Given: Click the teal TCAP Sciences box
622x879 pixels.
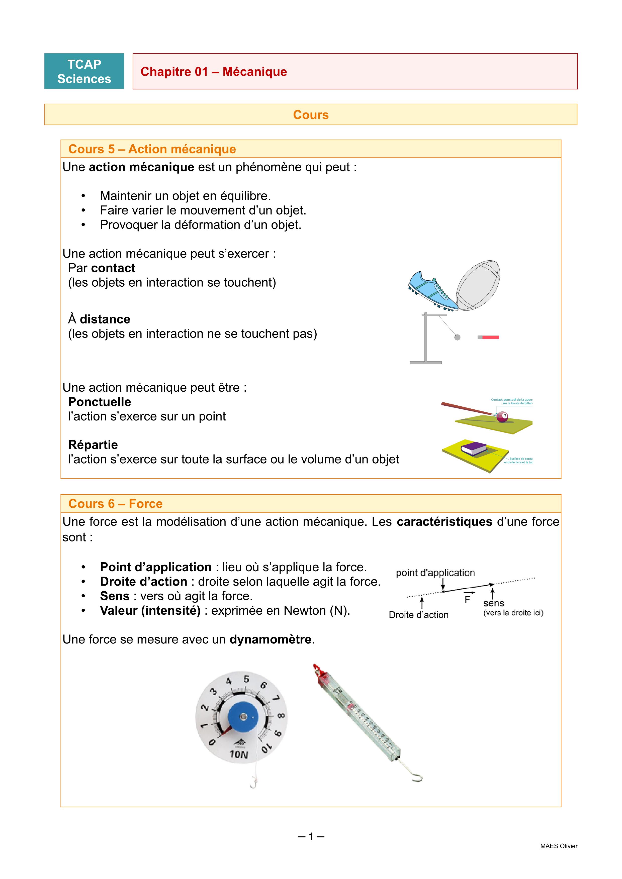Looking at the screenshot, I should [x=84, y=71].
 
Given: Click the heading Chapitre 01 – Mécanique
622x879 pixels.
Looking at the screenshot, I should [x=213, y=72].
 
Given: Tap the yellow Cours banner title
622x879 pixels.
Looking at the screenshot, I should [x=311, y=115].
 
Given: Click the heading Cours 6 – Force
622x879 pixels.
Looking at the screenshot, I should [x=115, y=503].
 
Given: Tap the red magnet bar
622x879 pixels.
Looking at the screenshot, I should [x=490, y=337].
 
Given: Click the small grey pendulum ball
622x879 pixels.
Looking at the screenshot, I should [x=457, y=337].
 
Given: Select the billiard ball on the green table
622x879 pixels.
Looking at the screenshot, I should [x=502, y=417].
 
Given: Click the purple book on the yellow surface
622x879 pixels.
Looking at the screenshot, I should [x=474, y=448].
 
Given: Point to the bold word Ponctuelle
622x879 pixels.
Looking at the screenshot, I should [x=99, y=402].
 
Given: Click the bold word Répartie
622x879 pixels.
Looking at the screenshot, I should [x=93, y=445].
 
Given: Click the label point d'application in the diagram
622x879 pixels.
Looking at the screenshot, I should [x=435, y=573].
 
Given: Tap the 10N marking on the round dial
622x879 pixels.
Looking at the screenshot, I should [x=239, y=754].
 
